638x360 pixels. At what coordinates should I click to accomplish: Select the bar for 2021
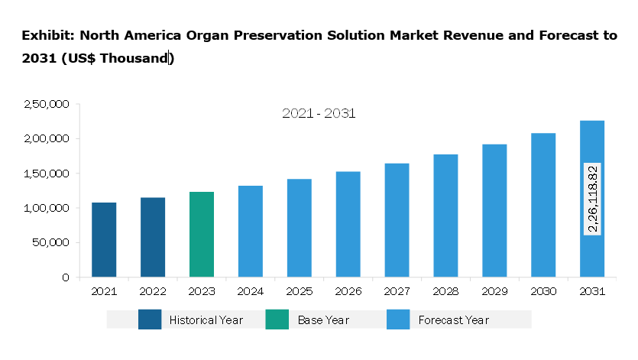pos(104,239)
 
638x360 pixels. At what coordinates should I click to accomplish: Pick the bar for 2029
pos(494,210)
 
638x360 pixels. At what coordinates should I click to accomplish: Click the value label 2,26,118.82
pos(592,199)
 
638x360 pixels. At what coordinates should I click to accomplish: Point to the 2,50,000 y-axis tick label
pos(47,104)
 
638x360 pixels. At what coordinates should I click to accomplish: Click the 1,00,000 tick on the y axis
pos(47,208)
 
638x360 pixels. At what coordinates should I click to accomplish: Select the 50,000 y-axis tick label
pos(50,242)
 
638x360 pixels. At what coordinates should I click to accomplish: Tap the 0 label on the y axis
pos(66,277)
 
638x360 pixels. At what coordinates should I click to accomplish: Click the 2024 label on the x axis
pos(251,291)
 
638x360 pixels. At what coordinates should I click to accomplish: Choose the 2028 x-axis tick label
pos(445,291)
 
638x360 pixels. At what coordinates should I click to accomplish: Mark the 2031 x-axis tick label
pos(592,291)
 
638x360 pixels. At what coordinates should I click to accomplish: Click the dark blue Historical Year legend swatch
pos(150,319)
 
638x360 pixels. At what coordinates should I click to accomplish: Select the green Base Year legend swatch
pos(277,319)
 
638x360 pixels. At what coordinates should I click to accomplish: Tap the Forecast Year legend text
pos(453,319)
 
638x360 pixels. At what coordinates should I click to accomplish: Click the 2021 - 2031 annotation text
pos(319,113)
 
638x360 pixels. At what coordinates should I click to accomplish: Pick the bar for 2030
pos(543,205)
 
